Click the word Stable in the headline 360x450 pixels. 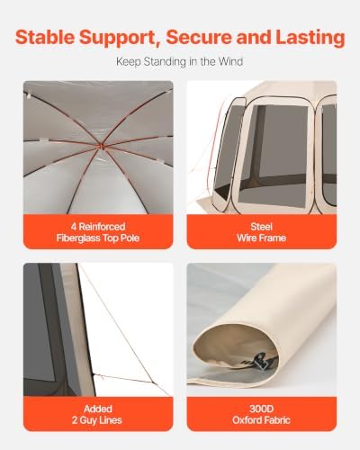click(x=45, y=37)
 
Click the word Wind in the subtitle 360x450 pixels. click(x=230, y=61)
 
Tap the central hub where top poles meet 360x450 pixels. click(x=101, y=147)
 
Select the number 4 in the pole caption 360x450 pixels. click(x=74, y=227)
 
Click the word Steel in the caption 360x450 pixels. click(x=261, y=227)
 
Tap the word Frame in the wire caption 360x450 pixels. click(x=272, y=238)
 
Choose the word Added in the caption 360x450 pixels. click(x=98, y=409)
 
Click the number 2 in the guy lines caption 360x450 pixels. click(x=75, y=420)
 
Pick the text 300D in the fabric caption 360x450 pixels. click(x=261, y=409)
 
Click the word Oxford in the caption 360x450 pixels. click(x=246, y=420)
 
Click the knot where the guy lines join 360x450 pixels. click(x=153, y=382)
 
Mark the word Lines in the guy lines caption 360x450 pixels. click(x=110, y=420)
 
